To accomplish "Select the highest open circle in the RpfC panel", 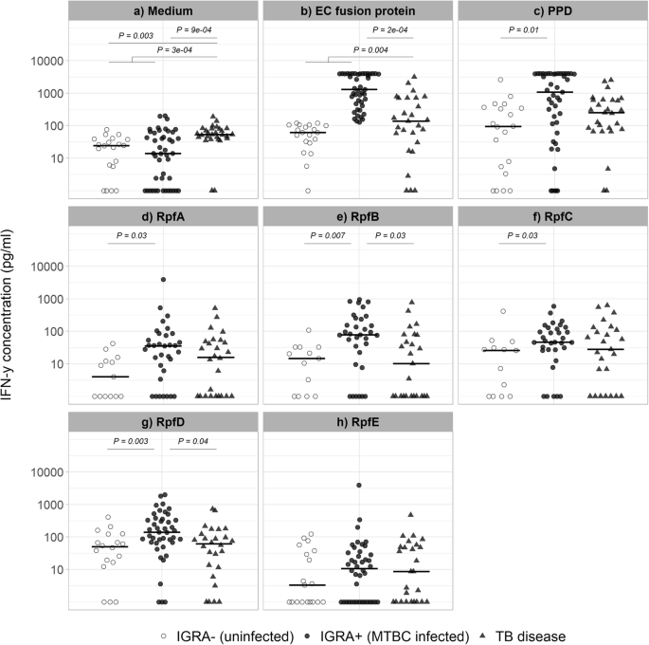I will [503, 311].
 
